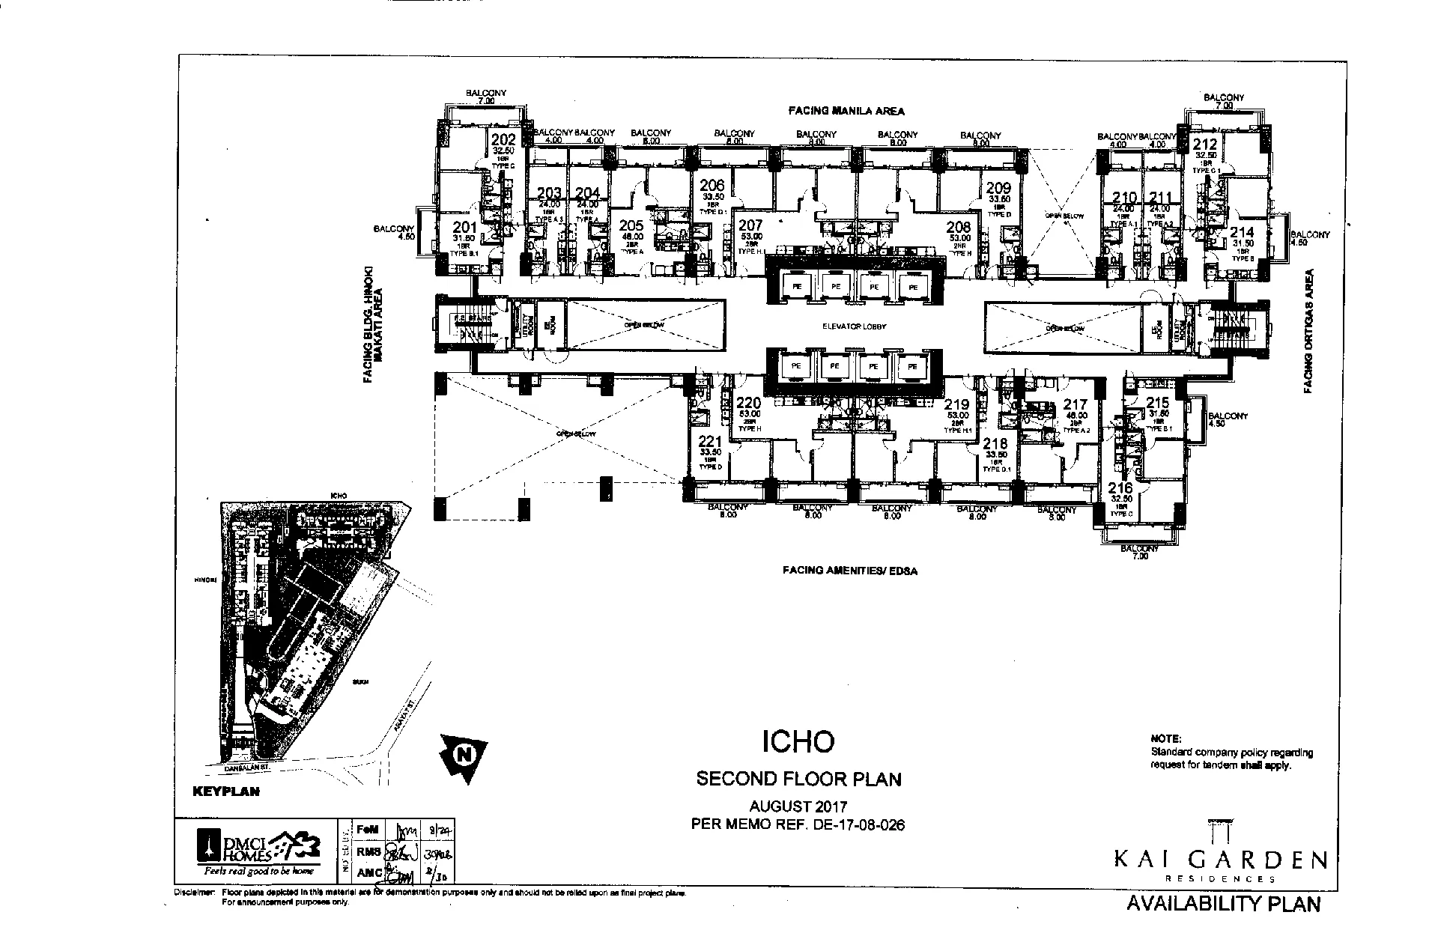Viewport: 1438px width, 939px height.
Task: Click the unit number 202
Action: pos(503,140)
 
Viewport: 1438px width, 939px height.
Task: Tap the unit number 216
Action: pos(1120,489)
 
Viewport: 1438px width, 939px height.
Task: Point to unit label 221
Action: pos(710,442)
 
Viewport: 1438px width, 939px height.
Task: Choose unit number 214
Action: pos(1242,234)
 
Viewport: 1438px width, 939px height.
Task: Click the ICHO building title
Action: pos(798,741)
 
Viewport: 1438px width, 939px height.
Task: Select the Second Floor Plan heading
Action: pos(798,780)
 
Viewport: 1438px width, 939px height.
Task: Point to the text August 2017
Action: pos(798,807)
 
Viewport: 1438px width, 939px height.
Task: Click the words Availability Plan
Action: pos(1223,903)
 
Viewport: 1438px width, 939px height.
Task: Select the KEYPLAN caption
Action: pos(225,791)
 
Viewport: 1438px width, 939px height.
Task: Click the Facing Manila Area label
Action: pos(846,111)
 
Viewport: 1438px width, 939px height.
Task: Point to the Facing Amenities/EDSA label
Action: pos(849,571)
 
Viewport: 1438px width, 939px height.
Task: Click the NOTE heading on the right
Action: pos(1166,739)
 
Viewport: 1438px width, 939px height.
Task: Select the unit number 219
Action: pos(956,405)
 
